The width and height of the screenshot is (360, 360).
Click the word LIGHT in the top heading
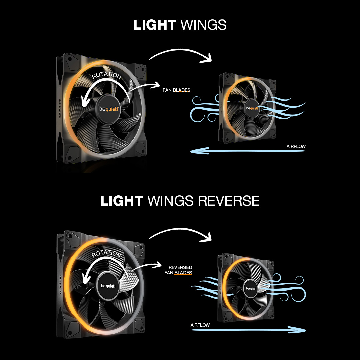click(x=154, y=25)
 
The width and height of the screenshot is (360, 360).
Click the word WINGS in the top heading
click(x=203, y=25)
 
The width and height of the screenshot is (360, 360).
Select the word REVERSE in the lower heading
click(x=228, y=201)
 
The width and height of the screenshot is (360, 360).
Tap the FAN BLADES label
click(x=177, y=90)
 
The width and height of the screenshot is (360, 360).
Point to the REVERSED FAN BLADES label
click(x=179, y=270)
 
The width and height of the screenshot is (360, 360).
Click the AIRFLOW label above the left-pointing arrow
click(x=296, y=146)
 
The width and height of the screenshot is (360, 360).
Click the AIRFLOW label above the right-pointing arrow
click(x=200, y=325)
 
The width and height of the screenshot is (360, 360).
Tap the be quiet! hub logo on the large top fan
click(x=109, y=109)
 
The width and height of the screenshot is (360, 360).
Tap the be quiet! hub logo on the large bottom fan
click(x=109, y=286)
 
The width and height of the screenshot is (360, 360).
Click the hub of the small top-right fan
click(x=252, y=108)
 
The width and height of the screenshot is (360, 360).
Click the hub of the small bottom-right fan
click(x=251, y=288)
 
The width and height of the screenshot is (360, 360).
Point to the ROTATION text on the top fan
click(x=107, y=75)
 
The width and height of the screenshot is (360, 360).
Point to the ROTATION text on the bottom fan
click(x=106, y=254)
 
